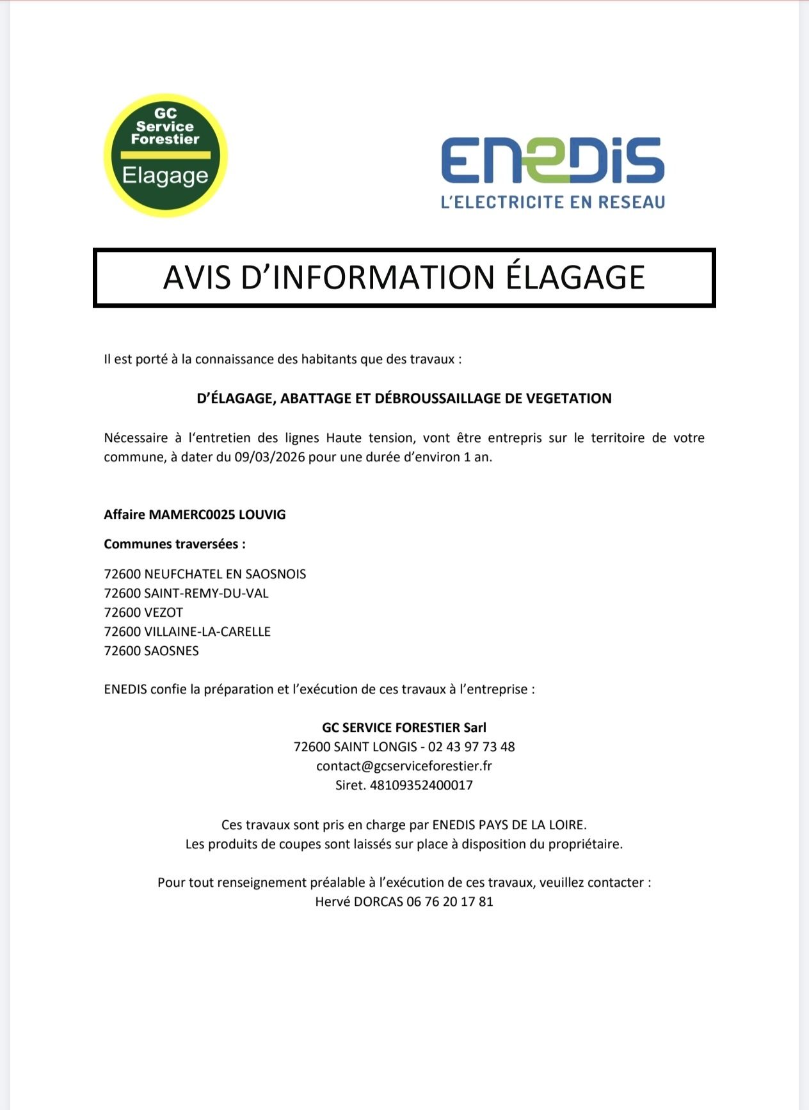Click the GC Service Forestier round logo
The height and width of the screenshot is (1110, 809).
tap(166, 155)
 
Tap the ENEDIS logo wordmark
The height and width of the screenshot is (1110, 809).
tap(552, 160)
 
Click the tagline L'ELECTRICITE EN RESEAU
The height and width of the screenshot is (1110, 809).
tap(553, 202)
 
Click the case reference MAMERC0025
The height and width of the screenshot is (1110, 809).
tap(192, 514)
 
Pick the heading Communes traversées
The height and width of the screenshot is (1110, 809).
tap(175, 544)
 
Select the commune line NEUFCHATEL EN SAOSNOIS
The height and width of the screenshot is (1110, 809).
tap(205, 574)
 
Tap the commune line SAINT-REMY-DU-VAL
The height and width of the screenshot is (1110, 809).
tap(186, 593)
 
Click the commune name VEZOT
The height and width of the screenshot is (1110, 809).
tap(164, 612)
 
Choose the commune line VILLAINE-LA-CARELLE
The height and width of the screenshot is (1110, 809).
tap(188, 631)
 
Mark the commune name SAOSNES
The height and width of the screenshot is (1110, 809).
tap(172, 651)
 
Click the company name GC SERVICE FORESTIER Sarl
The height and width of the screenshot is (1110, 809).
tap(404, 727)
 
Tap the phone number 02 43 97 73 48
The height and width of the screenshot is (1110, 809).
tap(471, 747)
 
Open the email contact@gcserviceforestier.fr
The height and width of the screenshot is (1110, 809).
tap(404, 766)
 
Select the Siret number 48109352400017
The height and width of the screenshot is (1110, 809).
tap(421, 785)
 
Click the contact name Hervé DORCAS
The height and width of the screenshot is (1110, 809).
tap(358, 901)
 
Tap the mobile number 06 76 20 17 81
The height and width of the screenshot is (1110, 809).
tap(450, 901)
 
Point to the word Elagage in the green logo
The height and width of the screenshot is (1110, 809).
tap(165, 175)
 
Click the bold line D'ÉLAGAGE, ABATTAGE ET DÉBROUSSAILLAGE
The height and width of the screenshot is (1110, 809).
tap(404, 399)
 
